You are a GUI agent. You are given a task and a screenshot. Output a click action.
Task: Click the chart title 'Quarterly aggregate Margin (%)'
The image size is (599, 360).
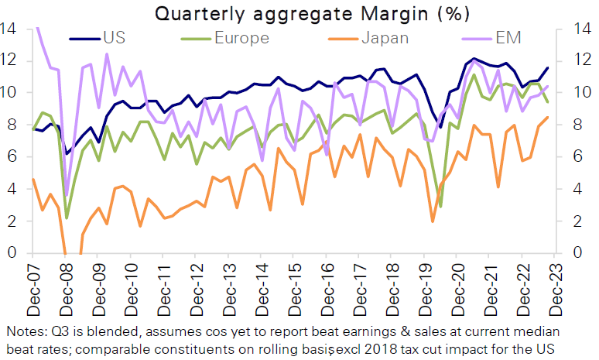coord(299,13)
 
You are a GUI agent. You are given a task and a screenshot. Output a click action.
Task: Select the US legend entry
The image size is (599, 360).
coord(111,36)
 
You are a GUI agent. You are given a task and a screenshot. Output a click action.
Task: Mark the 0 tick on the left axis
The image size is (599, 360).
coord(12,253)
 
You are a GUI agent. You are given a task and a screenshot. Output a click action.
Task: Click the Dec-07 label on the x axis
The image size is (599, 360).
coord(34,283)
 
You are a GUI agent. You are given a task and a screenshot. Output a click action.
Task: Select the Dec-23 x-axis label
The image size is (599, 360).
coord(556,283)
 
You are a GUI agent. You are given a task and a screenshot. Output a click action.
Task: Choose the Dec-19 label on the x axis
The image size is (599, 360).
coord(426,283)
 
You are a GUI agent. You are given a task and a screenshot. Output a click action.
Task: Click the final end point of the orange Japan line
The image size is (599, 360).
coord(547,117)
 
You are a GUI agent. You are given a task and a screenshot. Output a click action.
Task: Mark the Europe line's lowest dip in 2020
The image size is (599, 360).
coord(440,206)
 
